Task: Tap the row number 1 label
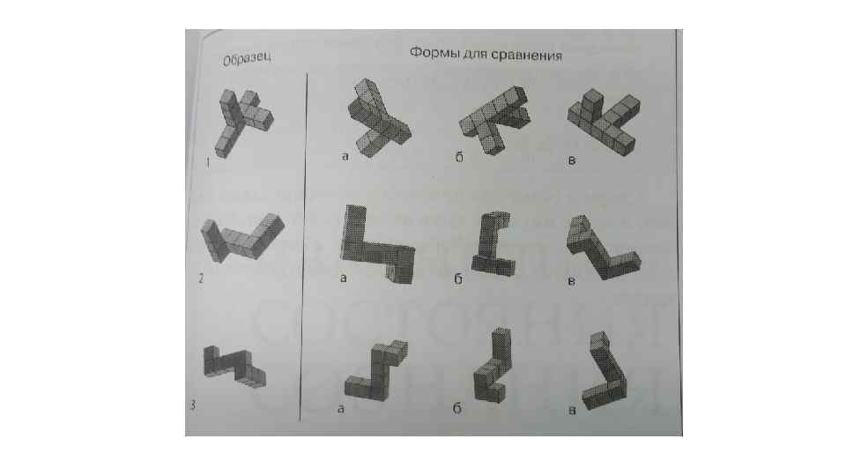point(208,162)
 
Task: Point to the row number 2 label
point(201,279)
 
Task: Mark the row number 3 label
point(193,405)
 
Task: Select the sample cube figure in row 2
point(241,238)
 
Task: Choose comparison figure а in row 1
point(379,117)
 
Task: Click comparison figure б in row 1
point(493,121)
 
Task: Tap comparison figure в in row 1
point(603,122)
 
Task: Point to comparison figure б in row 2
point(493,243)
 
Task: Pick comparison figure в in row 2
point(603,247)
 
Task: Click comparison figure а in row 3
point(376,371)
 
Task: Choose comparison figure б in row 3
point(492,365)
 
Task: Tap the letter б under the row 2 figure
point(458,279)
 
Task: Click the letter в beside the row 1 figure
point(572,160)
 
